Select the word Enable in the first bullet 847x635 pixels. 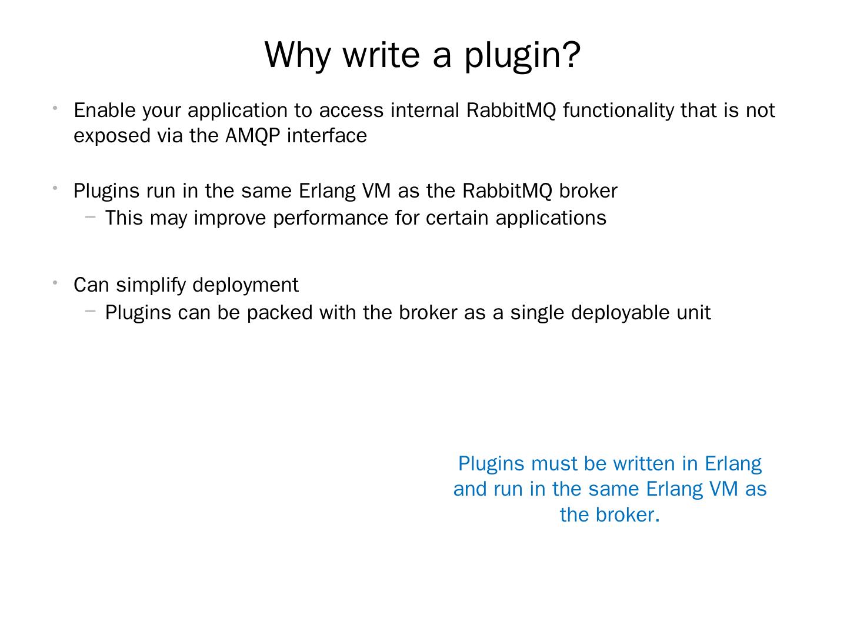(x=105, y=111)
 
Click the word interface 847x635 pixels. (x=327, y=136)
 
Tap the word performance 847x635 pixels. (x=331, y=219)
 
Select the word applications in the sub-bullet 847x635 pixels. (x=551, y=219)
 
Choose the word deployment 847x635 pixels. (x=245, y=286)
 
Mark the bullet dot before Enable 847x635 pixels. (x=54, y=108)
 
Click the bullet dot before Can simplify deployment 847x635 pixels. (x=54, y=283)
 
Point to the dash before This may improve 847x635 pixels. (x=90, y=217)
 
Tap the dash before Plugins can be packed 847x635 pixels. (x=90, y=311)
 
